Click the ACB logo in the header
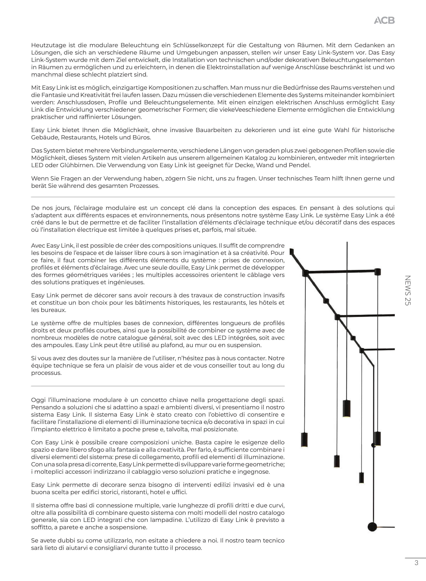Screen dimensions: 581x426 (x=384, y=21)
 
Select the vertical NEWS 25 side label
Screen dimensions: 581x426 (x=407, y=290)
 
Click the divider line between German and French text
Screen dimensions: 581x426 (x=213, y=197)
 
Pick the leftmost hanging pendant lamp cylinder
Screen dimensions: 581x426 (x=304, y=440)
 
